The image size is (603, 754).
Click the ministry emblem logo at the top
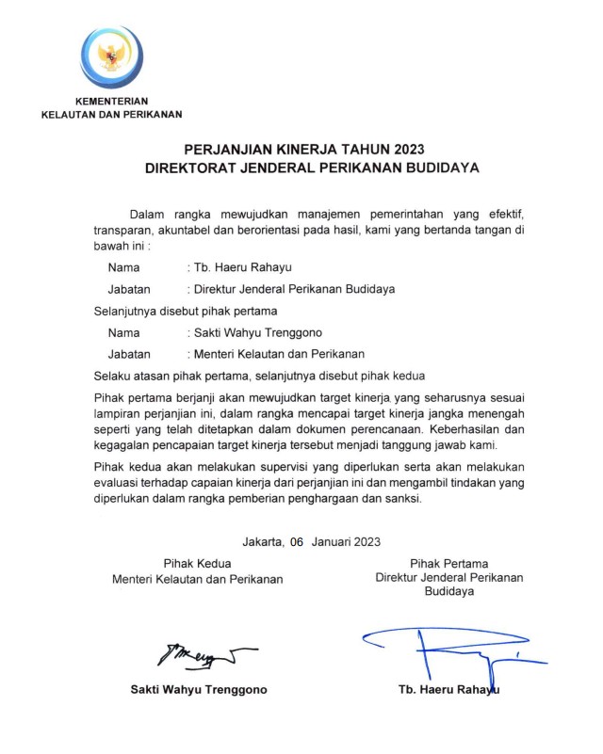112,56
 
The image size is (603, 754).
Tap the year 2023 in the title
403,149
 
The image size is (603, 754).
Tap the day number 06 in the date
298,541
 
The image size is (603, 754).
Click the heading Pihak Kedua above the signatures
197,563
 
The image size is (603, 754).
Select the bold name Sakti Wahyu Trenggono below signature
198,689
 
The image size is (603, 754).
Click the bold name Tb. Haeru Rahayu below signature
448,689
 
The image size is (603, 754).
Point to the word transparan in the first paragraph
125,230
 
